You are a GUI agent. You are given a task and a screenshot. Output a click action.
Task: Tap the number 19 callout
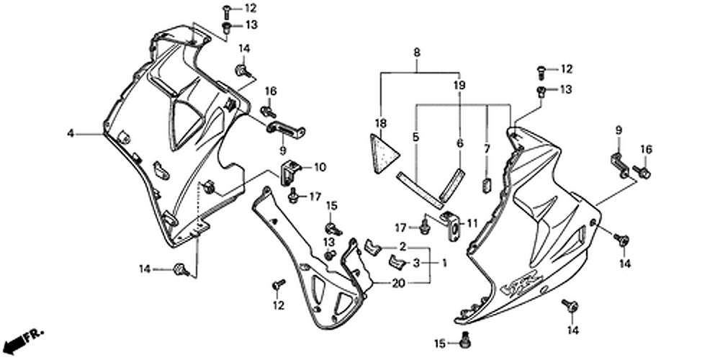click(x=459, y=85)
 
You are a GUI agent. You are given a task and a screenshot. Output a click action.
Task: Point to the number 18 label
click(x=379, y=123)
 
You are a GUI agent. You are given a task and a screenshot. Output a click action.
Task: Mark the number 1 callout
click(x=444, y=264)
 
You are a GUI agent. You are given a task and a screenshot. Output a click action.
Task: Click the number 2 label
click(x=403, y=247)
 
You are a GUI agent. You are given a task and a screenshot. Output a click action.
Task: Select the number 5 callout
click(x=415, y=136)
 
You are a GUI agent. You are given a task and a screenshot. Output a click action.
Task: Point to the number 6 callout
click(x=459, y=143)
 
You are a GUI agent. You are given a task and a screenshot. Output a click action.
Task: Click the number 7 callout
click(x=487, y=148)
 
